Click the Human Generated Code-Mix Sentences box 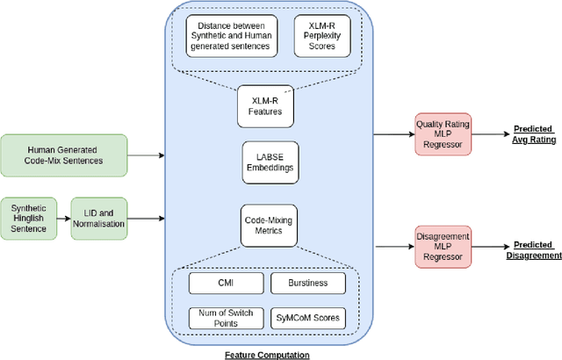tap(64, 155)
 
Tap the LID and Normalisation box tap(98, 219)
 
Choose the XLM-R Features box tap(264, 108)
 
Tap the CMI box tap(226, 284)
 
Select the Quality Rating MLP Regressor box tap(443, 133)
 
